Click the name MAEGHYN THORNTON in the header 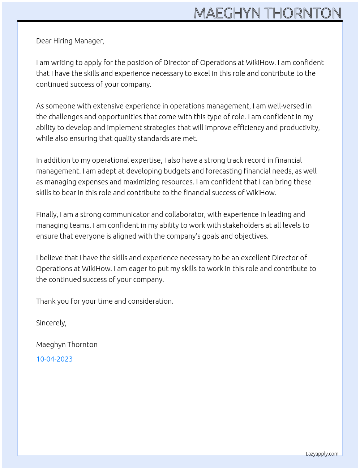(x=267, y=13)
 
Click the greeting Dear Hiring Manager (x=70, y=41)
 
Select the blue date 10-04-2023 (x=54, y=359)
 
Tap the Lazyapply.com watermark (x=322, y=454)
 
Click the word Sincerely (x=51, y=323)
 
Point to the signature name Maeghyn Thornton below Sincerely (x=67, y=345)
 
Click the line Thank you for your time (x=104, y=301)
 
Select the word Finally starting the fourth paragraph (x=47, y=214)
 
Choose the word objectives (x=251, y=236)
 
